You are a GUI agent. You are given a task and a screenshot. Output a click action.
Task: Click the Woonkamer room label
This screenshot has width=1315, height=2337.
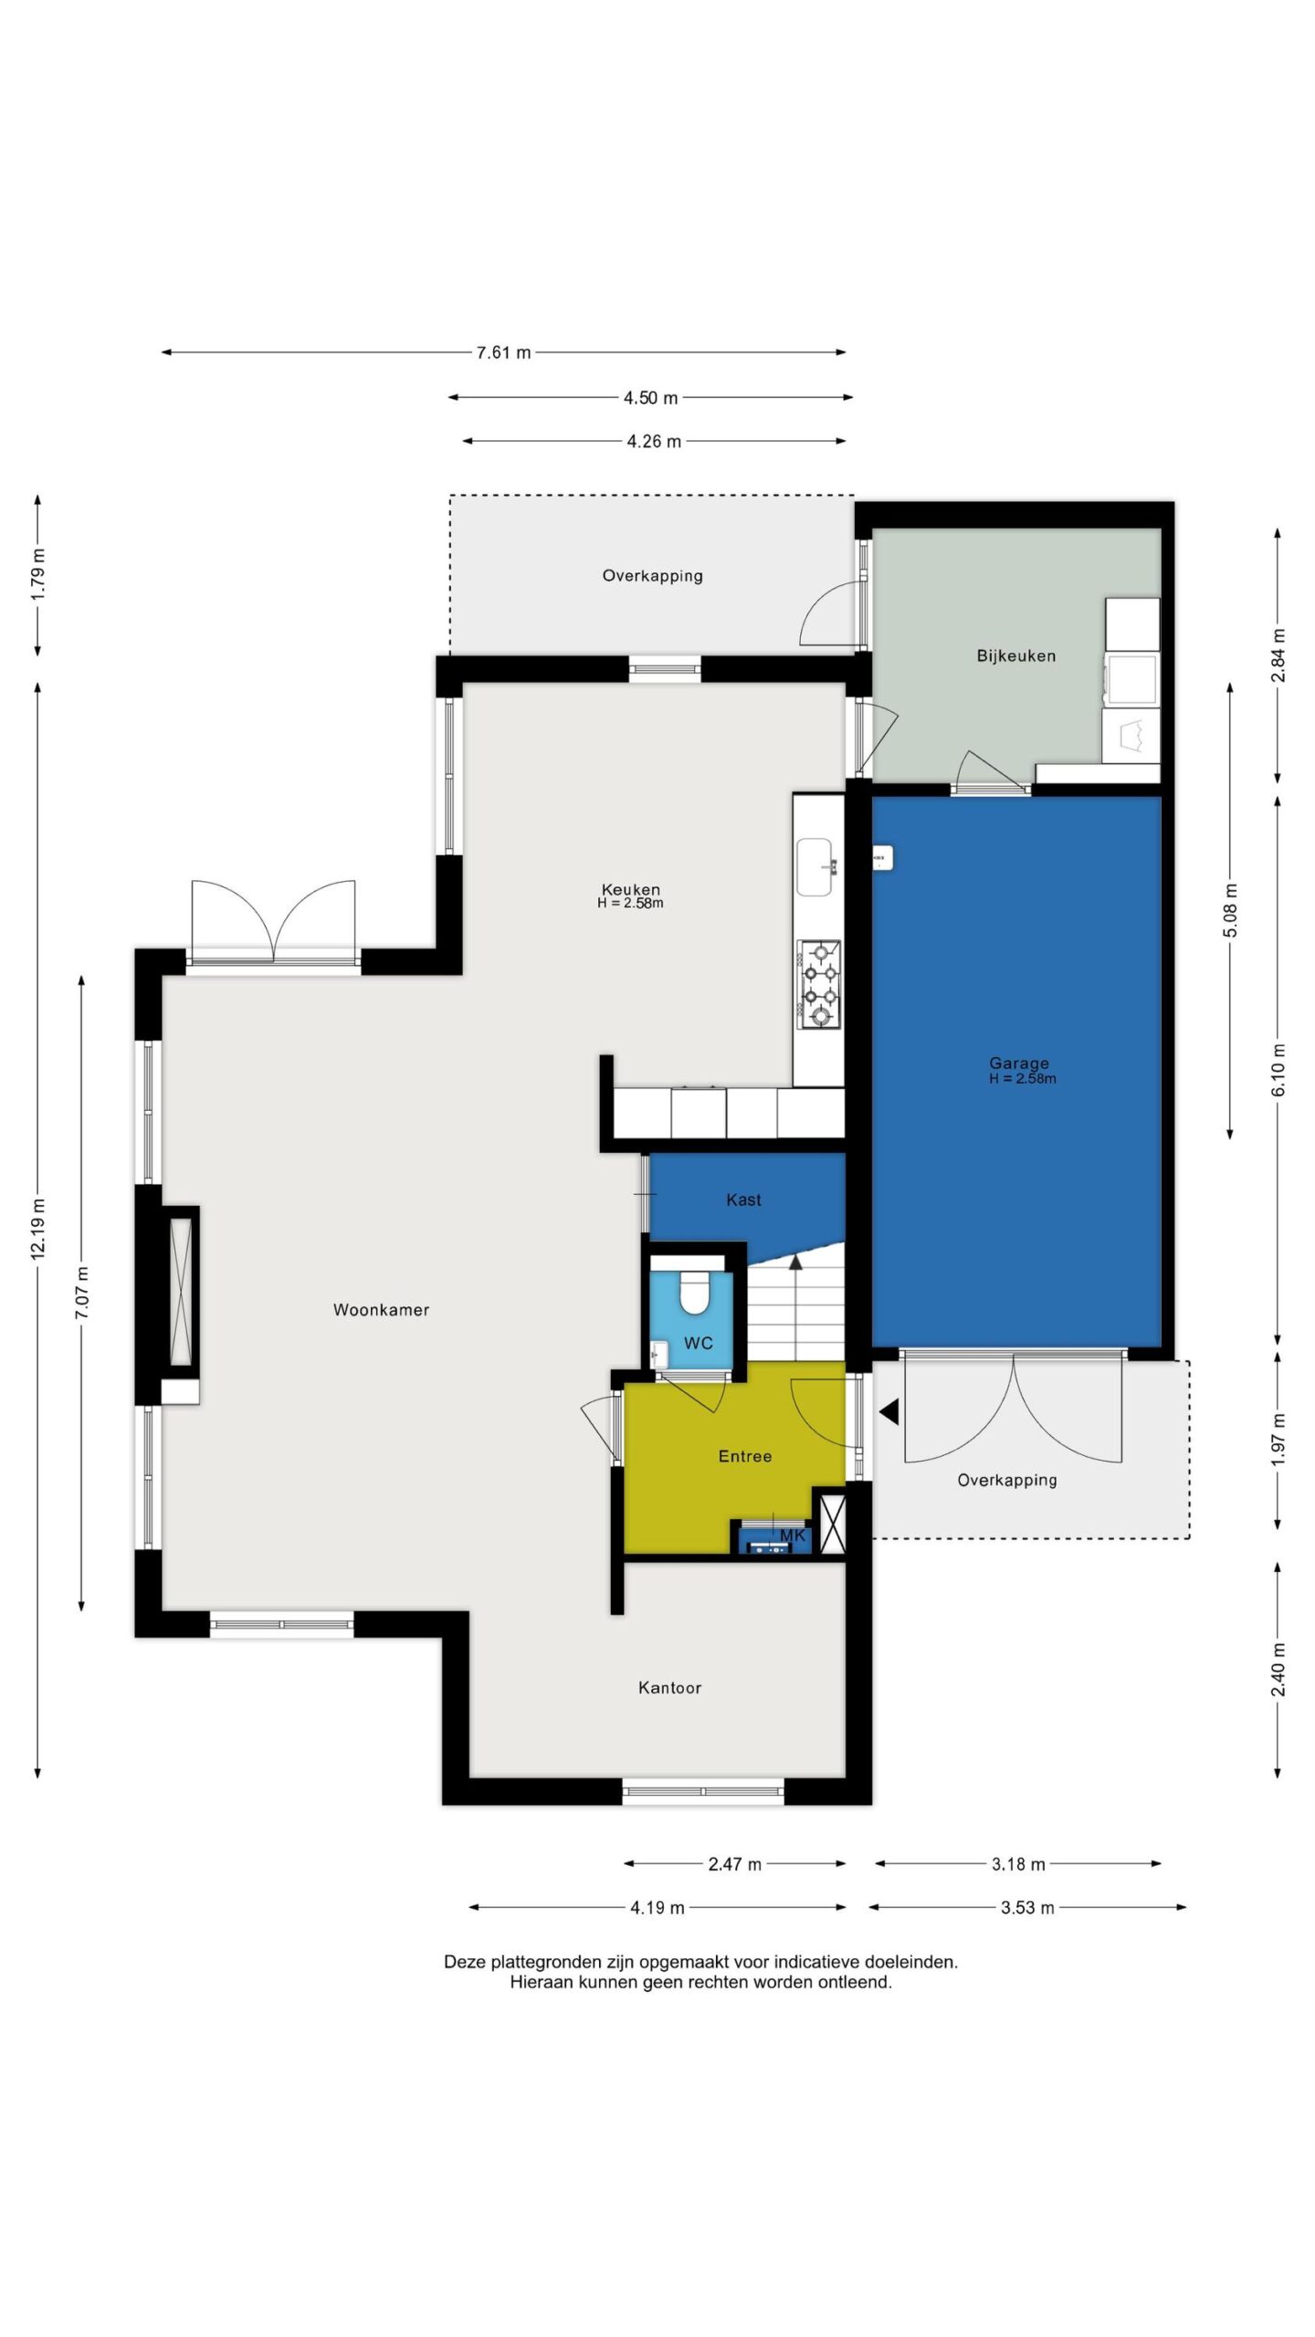coord(381,1310)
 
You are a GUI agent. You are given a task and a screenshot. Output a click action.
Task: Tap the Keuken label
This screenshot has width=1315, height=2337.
coord(630,889)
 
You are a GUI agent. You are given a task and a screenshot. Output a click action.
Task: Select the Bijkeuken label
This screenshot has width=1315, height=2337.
coord(1015,655)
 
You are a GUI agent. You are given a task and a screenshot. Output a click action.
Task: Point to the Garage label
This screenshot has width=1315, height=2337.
coord(1019,1063)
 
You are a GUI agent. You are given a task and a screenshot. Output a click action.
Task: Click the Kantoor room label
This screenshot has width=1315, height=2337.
coord(669,1688)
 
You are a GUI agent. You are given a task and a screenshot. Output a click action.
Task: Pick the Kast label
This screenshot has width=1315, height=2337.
coord(743,1200)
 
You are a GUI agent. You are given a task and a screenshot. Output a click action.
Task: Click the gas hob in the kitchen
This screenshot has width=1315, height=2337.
coord(818,984)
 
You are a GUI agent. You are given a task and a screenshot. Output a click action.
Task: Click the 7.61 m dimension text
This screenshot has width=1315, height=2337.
coord(503,352)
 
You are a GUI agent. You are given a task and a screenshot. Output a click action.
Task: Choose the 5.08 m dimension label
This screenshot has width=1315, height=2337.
coord(1231,910)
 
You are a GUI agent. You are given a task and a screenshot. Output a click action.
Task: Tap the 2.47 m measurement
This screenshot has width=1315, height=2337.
coord(734,1864)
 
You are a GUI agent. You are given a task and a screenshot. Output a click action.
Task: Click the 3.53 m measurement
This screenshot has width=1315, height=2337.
coord(1027,1907)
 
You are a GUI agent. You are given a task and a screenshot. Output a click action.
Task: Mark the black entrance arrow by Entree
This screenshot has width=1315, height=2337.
coord(889,1412)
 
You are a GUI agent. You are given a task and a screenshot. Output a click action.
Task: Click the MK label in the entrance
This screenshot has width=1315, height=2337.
coord(793,1535)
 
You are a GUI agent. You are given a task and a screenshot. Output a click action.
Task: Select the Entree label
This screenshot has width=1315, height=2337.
coord(745,1456)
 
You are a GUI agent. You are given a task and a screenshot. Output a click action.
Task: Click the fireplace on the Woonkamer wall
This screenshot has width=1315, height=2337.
coord(181,1292)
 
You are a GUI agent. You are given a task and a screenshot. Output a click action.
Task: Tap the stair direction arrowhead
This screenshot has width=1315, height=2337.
coord(795,1263)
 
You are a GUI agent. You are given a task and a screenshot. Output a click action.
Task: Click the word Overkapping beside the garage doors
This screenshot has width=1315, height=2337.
coord(1007,1481)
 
